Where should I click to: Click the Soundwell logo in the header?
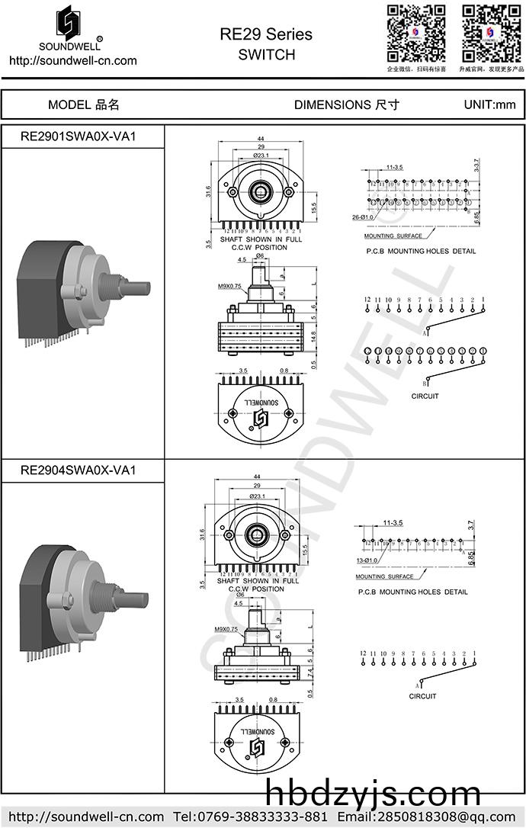coord(69,27)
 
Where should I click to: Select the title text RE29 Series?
coord(266,35)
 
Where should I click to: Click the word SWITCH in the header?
coord(266,55)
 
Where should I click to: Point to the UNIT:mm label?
coord(489,105)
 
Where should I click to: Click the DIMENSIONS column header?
coord(346,105)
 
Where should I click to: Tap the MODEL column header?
coord(84,105)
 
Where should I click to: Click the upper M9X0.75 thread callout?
coord(229,287)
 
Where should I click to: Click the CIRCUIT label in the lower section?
coord(422,696)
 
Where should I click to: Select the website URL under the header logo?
coord(72,61)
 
